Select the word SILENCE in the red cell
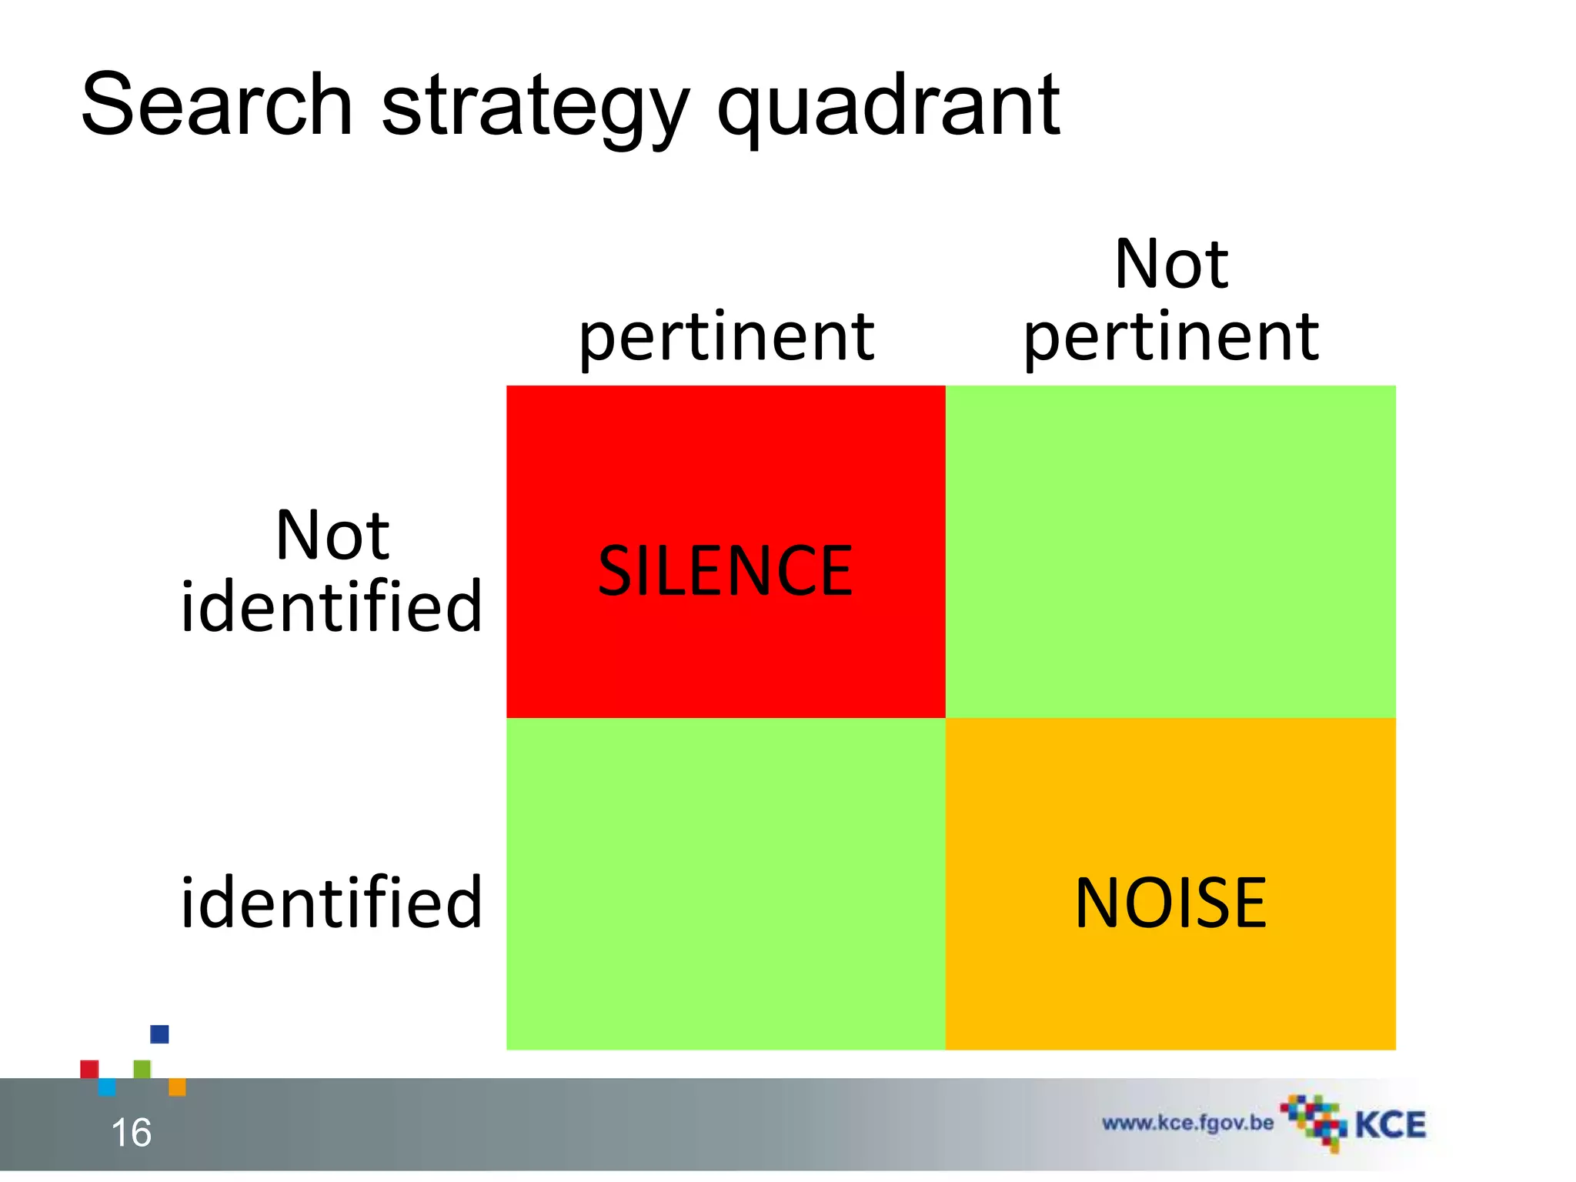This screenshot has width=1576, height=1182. pos(725,570)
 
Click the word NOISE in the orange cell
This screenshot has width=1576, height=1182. pos(1170,903)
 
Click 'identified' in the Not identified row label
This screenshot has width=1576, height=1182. pos(331,607)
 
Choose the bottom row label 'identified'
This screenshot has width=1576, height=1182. pos(331,903)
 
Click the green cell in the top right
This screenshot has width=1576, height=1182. pos(1170,551)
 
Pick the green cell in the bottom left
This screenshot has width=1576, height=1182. pos(725,883)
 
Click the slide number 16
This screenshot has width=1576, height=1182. pos(131,1133)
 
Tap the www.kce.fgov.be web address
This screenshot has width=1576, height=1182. pos(1187,1123)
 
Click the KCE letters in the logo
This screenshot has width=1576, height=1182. pos(1390,1125)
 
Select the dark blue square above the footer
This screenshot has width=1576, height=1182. pos(159,1034)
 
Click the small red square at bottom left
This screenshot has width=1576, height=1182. pos(89,1069)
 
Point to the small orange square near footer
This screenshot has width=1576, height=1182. pos(177,1087)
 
